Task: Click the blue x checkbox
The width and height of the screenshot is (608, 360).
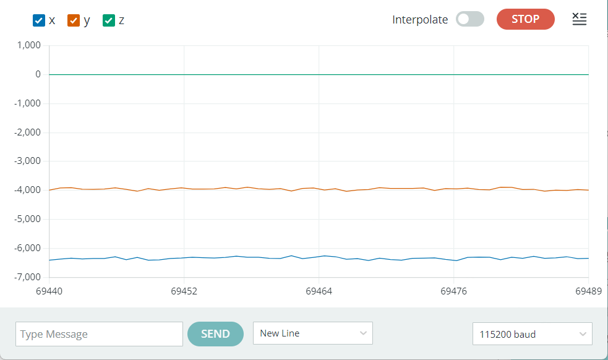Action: (39, 20)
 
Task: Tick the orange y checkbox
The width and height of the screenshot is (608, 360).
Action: (74, 20)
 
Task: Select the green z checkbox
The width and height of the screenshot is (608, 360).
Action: (109, 20)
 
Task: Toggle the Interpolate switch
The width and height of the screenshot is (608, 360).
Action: (469, 19)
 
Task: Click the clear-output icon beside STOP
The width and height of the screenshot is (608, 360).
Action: (579, 19)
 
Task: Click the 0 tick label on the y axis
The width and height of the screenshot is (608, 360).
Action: (38, 74)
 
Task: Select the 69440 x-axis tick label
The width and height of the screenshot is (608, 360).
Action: (49, 290)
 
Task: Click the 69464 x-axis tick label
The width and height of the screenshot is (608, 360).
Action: (319, 290)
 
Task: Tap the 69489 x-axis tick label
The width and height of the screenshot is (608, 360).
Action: (588, 290)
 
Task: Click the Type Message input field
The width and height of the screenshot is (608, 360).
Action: (99, 334)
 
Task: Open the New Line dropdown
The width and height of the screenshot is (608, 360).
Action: (312, 333)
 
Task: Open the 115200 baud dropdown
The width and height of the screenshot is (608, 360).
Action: (532, 334)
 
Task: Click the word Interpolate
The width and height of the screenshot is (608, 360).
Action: (420, 20)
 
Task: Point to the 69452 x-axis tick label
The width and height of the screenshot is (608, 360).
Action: (184, 290)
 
